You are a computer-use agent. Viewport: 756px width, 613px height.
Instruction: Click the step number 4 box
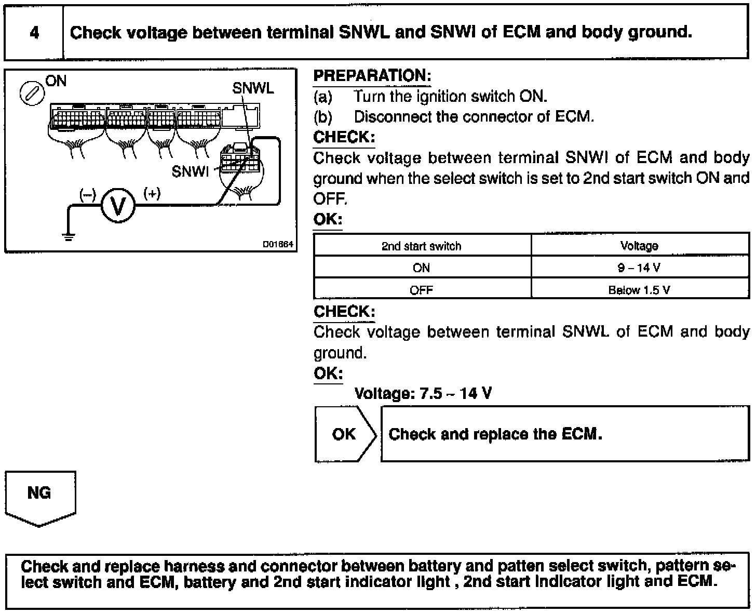(x=34, y=33)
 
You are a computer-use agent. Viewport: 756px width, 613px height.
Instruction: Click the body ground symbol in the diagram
(x=68, y=236)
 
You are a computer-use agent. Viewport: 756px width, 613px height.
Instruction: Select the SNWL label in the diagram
(x=253, y=88)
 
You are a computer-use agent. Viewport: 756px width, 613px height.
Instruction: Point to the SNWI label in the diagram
(x=190, y=171)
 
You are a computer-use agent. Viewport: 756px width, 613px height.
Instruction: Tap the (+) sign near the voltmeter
(x=152, y=194)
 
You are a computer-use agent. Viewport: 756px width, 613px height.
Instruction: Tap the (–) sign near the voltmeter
(x=87, y=195)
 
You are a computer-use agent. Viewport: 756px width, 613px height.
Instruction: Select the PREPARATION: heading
(x=372, y=76)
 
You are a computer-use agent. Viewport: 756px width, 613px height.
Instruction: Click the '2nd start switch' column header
(x=421, y=246)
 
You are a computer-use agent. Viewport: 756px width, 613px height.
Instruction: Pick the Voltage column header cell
(x=639, y=246)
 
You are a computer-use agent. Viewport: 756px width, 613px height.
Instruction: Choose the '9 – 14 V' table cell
(x=639, y=268)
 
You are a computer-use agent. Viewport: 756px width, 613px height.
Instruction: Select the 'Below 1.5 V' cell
(x=639, y=290)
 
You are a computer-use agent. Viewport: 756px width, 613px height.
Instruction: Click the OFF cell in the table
(x=421, y=290)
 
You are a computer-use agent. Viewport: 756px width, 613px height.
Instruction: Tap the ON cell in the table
(x=421, y=268)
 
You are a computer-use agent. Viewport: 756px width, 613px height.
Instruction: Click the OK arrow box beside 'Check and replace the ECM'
(x=344, y=434)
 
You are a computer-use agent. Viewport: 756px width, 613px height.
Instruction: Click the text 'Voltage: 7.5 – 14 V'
(x=423, y=393)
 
